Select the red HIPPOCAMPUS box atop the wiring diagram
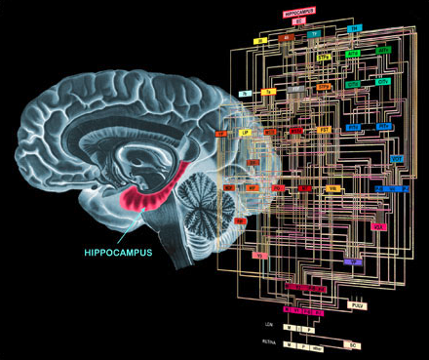click(298, 14)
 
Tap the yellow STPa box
click(325, 58)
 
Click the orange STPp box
click(324, 88)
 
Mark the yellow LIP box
click(246, 130)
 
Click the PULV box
click(358, 305)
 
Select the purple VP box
click(353, 261)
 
